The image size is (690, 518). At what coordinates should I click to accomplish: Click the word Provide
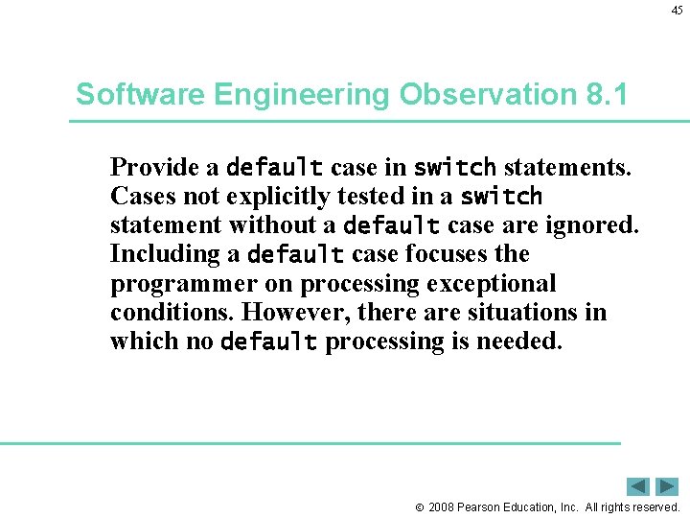[149, 167]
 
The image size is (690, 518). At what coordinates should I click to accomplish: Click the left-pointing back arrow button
[638, 486]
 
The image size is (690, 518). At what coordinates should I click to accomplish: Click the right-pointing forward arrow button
[667, 486]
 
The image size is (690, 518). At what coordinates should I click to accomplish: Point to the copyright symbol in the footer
[419, 507]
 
